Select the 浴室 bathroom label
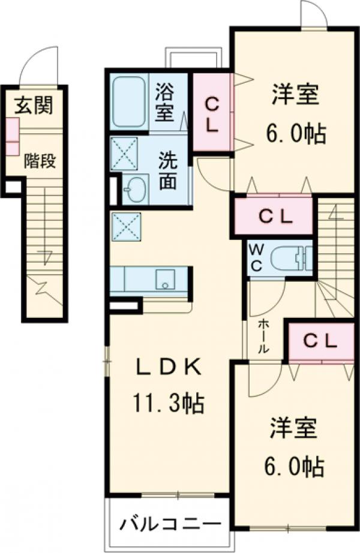tap(165, 103)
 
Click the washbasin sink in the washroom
tap(136, 189)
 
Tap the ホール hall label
tap(263, 336)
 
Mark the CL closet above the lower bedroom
tap(323, 341)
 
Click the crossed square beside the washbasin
tap(124, 151)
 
